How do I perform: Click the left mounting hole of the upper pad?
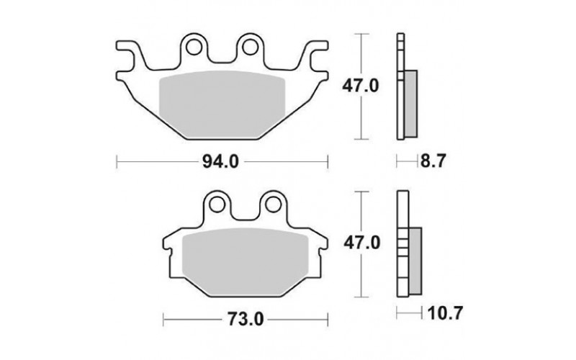tap(194, 48)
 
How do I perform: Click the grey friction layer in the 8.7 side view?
tap(411, 104)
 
